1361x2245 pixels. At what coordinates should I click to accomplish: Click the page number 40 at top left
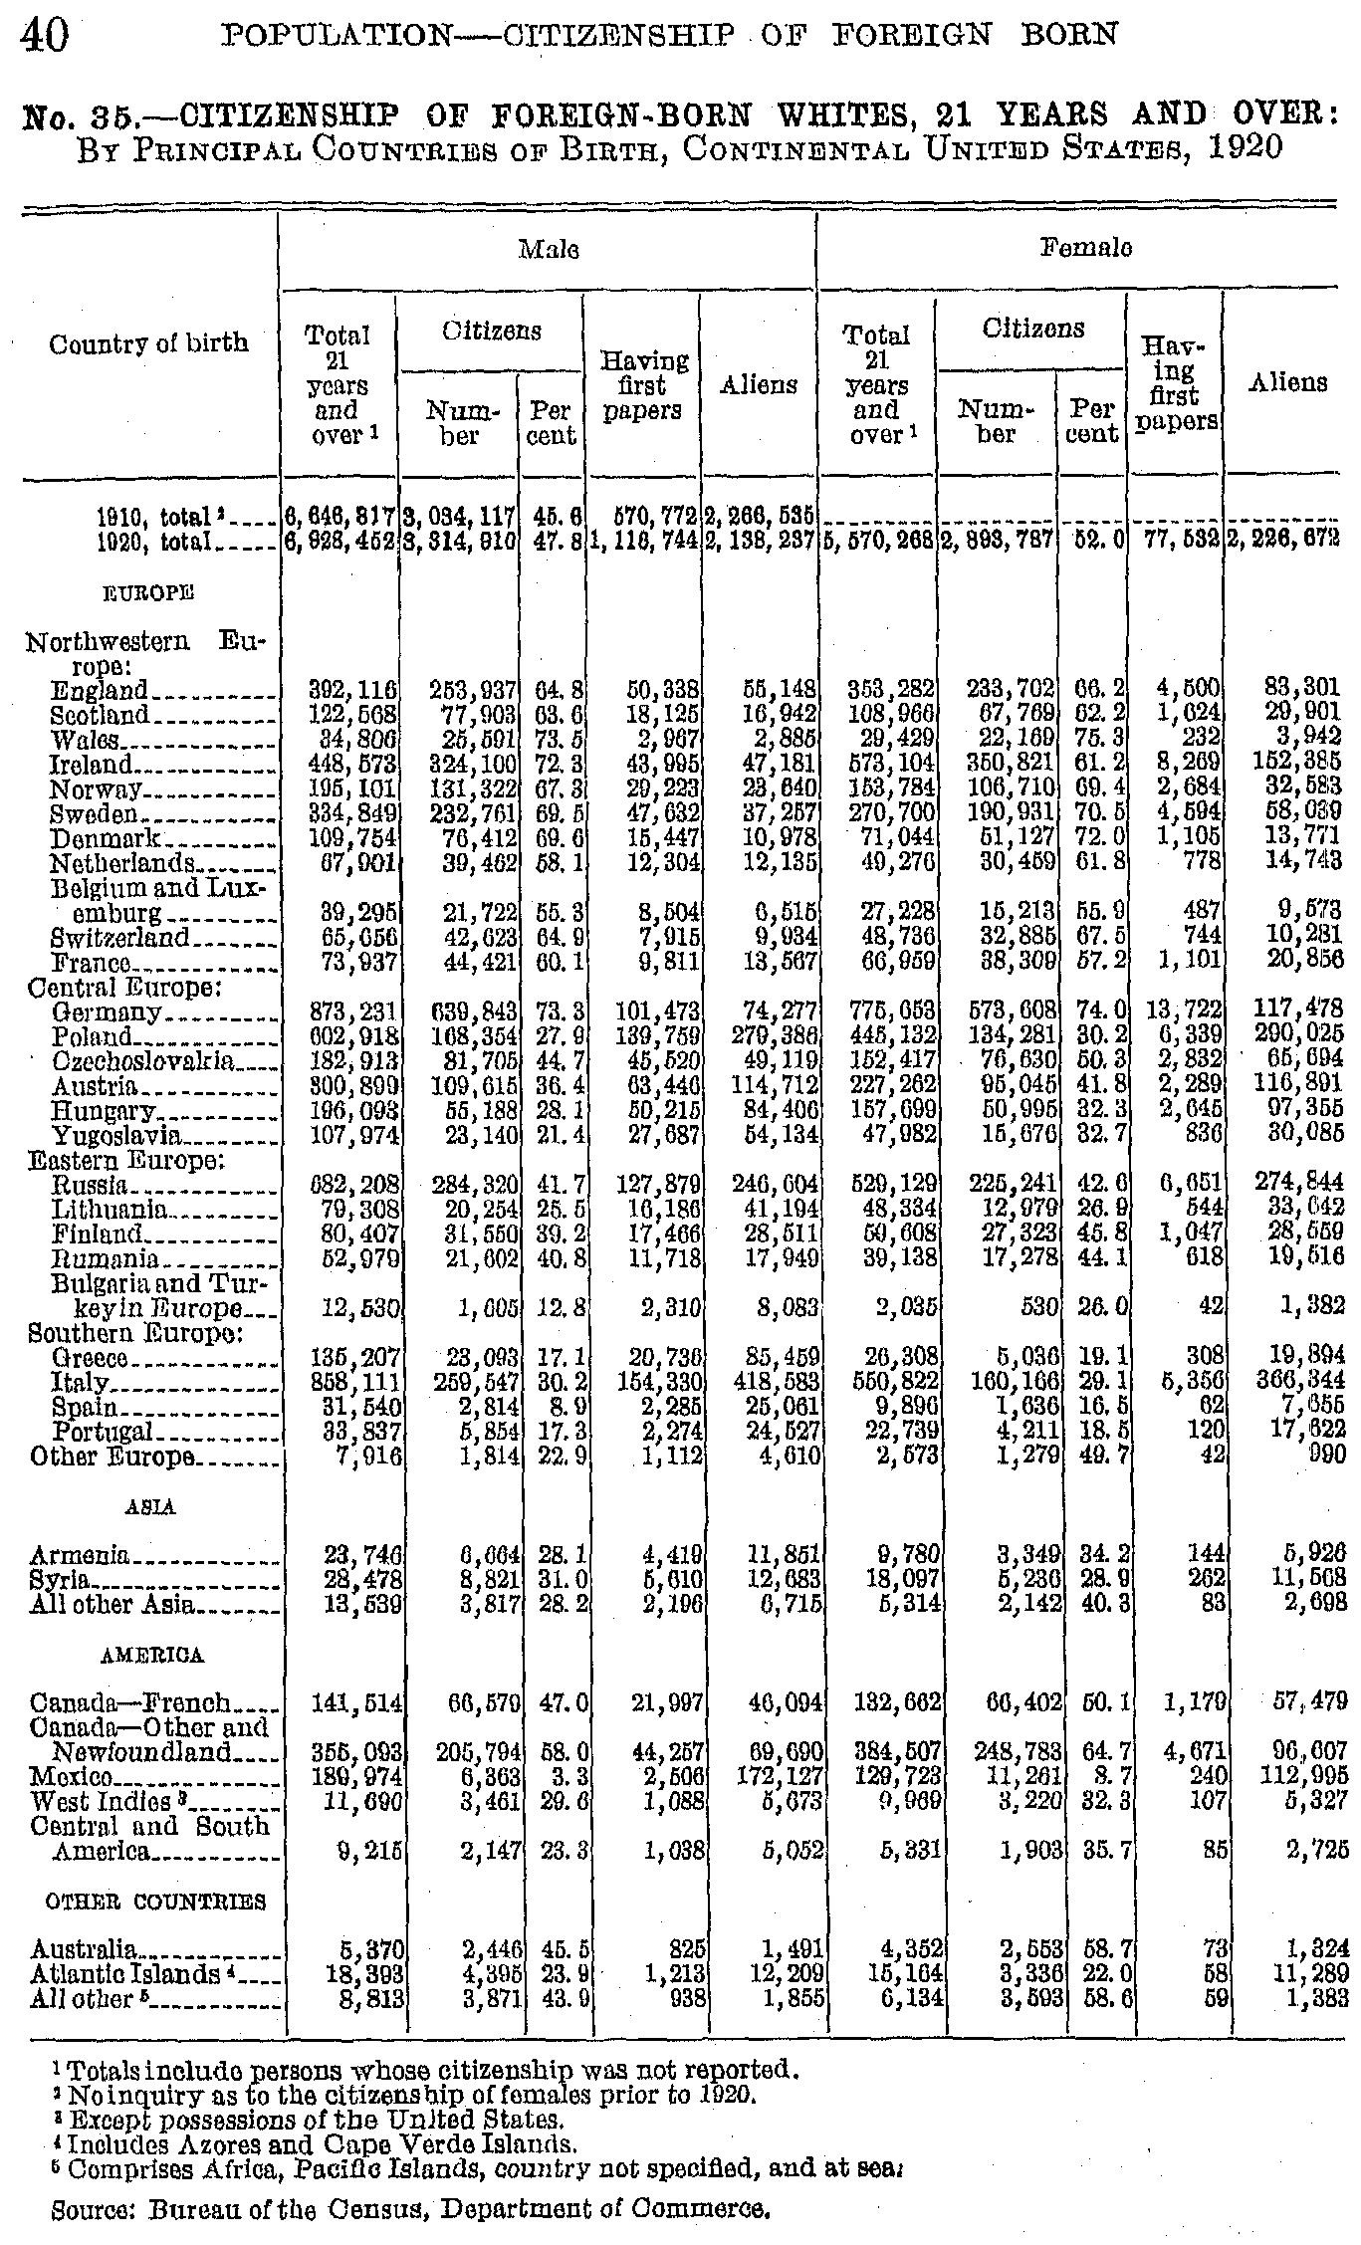click(x=43, y=36)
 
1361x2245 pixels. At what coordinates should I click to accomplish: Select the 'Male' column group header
click(x=549, y=248)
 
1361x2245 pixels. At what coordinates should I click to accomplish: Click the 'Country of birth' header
click(x=148, y=343)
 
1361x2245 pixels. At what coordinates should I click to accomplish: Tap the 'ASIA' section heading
click(x=152, y=1507)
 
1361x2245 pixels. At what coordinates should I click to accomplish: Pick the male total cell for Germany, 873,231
click(x=354, y=1013)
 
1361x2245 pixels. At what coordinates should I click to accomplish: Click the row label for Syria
click(x=61, y=1581)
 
